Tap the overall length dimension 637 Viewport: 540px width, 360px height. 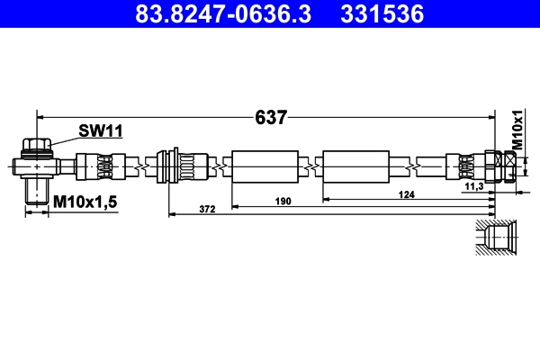[x=271, y=117]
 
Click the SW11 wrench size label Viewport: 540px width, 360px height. [x=99, y=131]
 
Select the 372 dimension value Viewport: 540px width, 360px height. [x=207, y=210]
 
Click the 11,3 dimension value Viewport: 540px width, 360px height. [x=474, y=186]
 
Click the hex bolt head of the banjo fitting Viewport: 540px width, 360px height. [x=37, y=146]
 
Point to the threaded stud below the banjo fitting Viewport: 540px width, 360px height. [x=37, y=191]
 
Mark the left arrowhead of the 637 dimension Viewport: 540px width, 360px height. [x=40, y=117]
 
